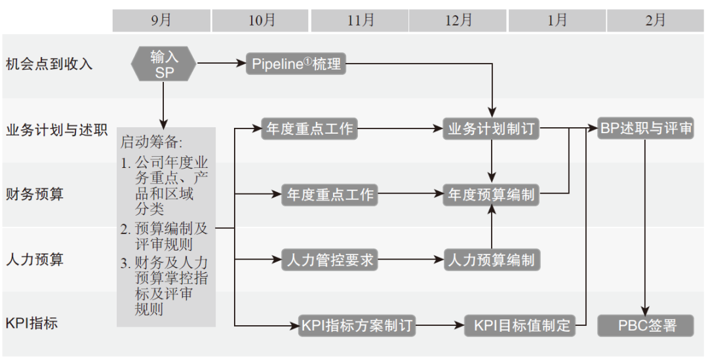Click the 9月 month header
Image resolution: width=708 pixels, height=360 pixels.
pyautogui.click(x=161, y=20)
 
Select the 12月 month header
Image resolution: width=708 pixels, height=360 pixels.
pyautogui.click(x=458, y=20)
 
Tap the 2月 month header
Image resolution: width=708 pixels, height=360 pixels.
pyautogui.click(x=656, y=20)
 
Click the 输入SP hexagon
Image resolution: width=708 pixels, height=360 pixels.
pyautogui.click(x=164, y=64)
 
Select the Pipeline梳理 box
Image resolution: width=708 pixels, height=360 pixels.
pyautogui.click(x=296, y=64)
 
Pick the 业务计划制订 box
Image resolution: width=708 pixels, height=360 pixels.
pyautogui.click(x=492, y=129)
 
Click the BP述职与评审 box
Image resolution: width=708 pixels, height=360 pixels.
pyautogui.click(x=646, y=128)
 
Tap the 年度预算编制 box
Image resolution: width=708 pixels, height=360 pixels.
pyautogui.click(x=492, y=195)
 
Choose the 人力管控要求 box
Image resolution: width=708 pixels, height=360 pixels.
pyautogui.click(x=330, y=260)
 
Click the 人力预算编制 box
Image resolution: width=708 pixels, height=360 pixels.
pyautogui.click(x=492, y=260)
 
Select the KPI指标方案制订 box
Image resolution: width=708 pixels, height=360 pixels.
pyautogui.click(x=357, y=325)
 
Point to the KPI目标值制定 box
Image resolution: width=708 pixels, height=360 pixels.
pyautogui.click(x=519, y=325)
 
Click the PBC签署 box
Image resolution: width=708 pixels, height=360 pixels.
pyautogui.click(x=646, y=325)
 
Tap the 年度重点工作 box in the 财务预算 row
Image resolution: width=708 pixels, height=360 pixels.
pyautogui.click(x=330, y=195)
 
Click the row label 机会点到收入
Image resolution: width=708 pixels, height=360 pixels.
pyautogui.click(x=49, y=64)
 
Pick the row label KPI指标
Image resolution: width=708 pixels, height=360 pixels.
pyautogui.click(x=32, y=324)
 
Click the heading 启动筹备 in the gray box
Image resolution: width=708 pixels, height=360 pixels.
pyautogui.click(x=151, y=142)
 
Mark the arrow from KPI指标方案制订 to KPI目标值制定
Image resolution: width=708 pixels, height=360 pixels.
pyautogui.click(x=441, y=325)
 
